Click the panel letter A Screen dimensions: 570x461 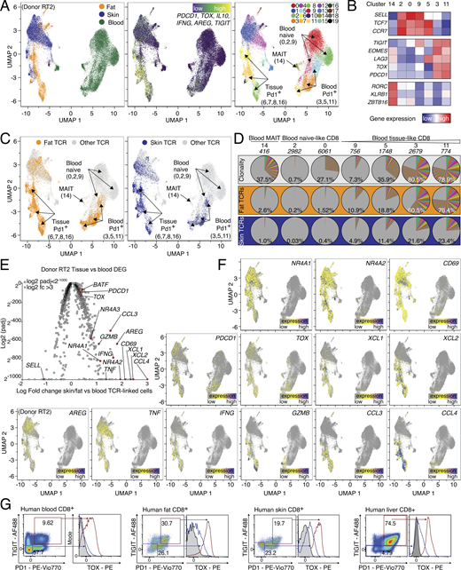(x=5, y=6)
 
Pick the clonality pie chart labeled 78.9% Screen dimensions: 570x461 (x=439, y=168)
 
